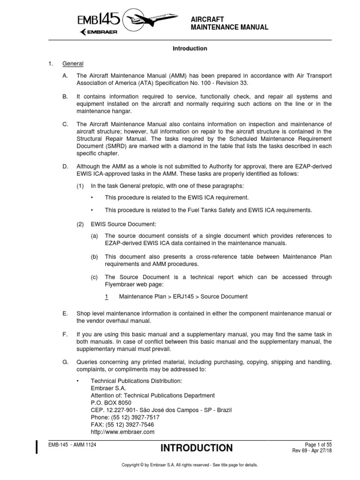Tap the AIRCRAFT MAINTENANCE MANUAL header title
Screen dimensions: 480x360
[230, 23]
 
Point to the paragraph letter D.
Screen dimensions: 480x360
[65, 166]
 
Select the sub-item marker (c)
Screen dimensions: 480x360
[95, 277]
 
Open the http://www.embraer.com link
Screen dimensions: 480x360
[122, 432]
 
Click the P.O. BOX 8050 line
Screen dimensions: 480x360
[111, 403]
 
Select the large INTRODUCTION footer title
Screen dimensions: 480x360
[196, 448]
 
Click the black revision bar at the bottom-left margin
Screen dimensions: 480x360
[37, 448]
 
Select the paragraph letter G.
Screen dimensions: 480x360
[65, 362]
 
